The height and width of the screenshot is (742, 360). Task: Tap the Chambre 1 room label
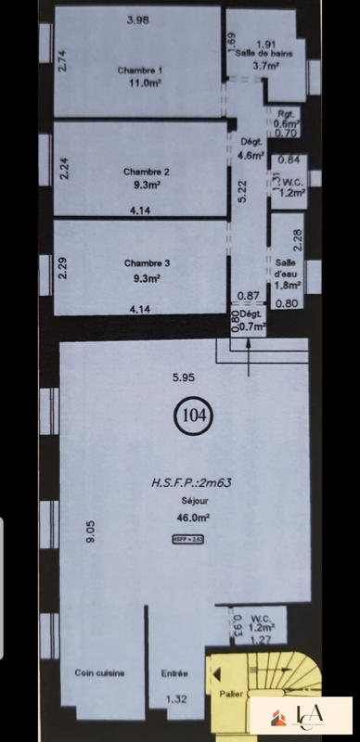click(x=140, y=70)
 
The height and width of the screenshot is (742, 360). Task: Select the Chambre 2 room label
click(x=140, y=172)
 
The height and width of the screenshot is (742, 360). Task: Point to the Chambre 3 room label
click(x=140, y=262)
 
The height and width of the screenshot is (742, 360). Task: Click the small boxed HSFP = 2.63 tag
click(x=186, y=540)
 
